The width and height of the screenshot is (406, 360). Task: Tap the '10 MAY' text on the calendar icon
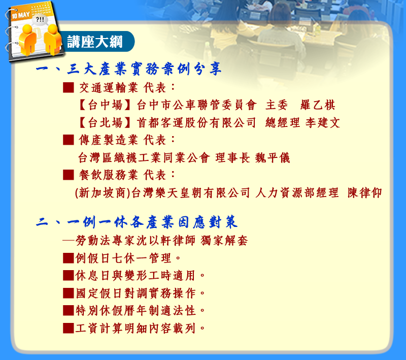click(x=20, y=15)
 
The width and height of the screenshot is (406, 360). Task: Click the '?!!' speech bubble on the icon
click(x=40, y=19)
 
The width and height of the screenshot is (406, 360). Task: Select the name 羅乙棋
click(x=318, y=105)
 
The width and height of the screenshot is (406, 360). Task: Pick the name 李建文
click(x=323, y=122)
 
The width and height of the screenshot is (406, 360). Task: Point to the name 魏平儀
click(x=273, y=157)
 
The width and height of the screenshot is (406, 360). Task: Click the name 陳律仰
click(x=364, y=192)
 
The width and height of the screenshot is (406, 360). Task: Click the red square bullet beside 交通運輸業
click(x=69, y=87)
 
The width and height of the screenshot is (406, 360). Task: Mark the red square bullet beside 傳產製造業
click(x=69, y=140)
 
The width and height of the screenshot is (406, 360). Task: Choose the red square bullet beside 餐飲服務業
click(x=69, y=175)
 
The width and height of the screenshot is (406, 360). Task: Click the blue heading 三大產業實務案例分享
click(x=145, y=69)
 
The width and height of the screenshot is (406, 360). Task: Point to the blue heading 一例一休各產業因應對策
click(x=152, y=222)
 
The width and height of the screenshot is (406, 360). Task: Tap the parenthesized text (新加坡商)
click(x=103, y=192)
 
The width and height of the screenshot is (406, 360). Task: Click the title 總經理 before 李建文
click(x=283, y=122)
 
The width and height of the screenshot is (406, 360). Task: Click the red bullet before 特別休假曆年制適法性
click(x=69, y=311)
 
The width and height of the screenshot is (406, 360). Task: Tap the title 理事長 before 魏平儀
click(x=232, y=157)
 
